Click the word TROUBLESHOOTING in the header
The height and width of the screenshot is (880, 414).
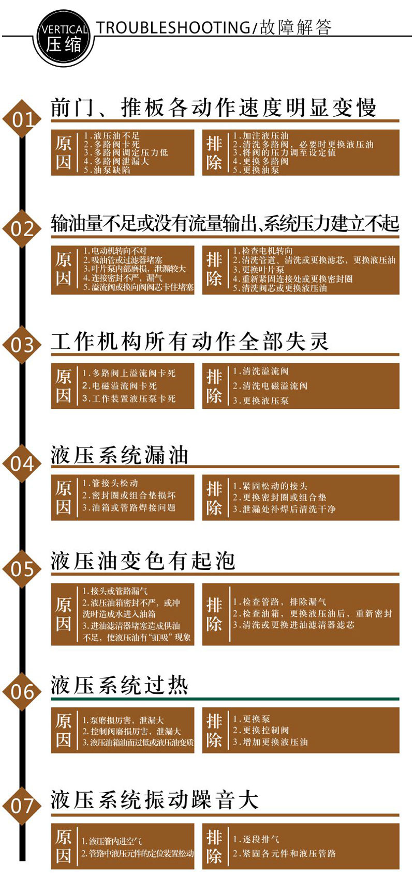click(173, 28)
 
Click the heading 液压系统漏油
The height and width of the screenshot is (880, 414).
click(120, 455)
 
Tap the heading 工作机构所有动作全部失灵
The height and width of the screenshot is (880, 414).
click(189, 342)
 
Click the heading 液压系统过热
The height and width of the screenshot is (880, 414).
click(120, 685)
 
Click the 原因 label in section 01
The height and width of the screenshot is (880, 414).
click(63, 152)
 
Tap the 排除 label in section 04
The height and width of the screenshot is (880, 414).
click(214, 498)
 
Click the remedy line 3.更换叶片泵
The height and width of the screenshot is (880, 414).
click(258, 269)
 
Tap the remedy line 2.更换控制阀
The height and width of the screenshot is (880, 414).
click(261, 730)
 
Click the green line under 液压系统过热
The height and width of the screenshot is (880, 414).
click(225, 699)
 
